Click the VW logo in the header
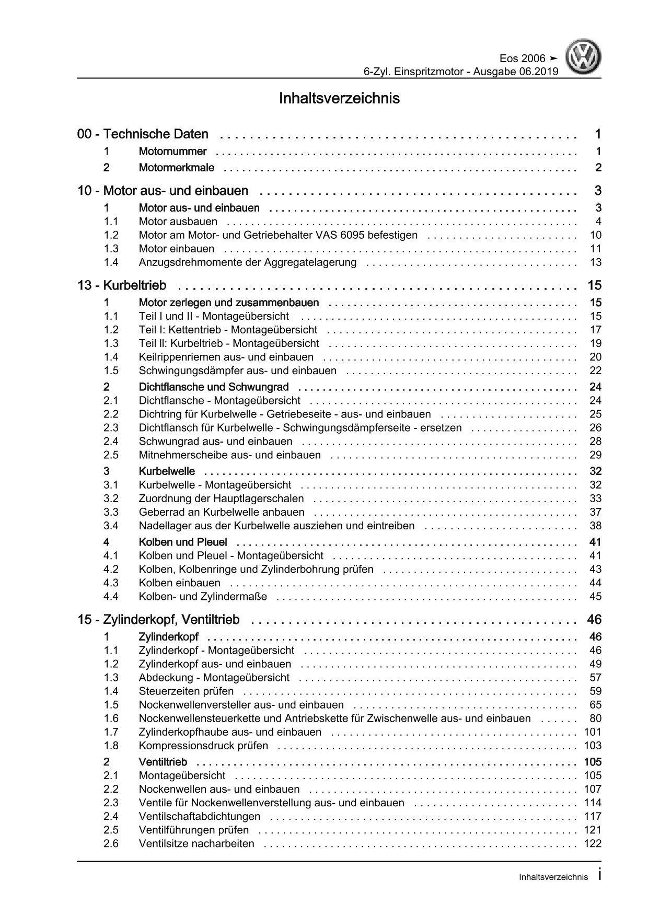(585, 59)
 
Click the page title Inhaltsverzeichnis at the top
(340, 98)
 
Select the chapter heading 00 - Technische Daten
(143, 134)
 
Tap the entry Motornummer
(172, 152)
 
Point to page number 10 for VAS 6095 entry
(595, 235)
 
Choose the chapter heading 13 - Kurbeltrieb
(122, 285)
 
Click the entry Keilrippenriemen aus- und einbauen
(226, 357)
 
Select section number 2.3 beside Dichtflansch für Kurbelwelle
(111, 427)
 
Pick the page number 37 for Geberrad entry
(595, 512)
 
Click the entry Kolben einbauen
(179, 583)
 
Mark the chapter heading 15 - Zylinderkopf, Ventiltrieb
(158, 620)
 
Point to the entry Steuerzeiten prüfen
(186, 691)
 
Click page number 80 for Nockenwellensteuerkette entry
(595, 718)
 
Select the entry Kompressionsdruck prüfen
(203, 746)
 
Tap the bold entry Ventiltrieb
(163, 762)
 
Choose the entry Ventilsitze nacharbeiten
(196, 843)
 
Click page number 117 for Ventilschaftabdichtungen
(593, 816)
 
